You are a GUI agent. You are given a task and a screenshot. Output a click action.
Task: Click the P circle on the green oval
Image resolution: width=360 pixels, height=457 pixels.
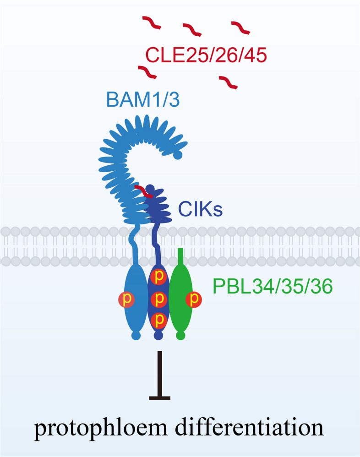pos(194,299)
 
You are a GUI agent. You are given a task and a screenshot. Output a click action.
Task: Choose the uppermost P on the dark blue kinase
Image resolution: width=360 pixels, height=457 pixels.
pos(159,277)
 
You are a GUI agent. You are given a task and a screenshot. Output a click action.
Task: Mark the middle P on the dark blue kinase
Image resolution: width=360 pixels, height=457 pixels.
pos(159,299)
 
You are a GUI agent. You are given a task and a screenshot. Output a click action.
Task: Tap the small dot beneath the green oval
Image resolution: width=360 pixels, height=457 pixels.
pos(180,336)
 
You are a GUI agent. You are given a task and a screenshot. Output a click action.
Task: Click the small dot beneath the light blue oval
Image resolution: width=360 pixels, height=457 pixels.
pos(136,336)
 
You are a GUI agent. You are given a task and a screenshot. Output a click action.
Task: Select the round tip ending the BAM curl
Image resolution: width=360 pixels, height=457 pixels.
pos(178,156)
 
